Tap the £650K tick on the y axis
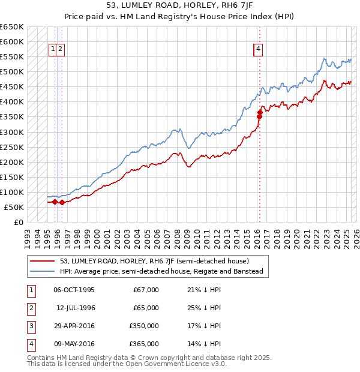[12, 27]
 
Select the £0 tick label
[18, 222]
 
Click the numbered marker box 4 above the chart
[258, 49]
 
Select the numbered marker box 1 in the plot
[53, 49]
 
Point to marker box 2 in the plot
[61, 49]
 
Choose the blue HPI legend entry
[161, 271]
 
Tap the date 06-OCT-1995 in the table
[74, 290]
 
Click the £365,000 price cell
[144, 344]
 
